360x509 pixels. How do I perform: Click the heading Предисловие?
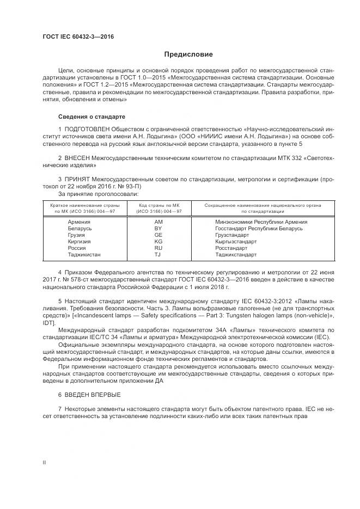(188, 54)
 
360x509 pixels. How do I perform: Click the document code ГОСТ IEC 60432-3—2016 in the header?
(78, 37)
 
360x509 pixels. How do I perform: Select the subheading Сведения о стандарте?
(91, 117)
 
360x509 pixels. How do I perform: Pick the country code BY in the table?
(158, 229)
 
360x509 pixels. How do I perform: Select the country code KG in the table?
(158, 242)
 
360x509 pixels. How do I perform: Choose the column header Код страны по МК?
(158, 205)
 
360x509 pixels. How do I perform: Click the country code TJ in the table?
(158, 255)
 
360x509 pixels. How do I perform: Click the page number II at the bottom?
(45, 462)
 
